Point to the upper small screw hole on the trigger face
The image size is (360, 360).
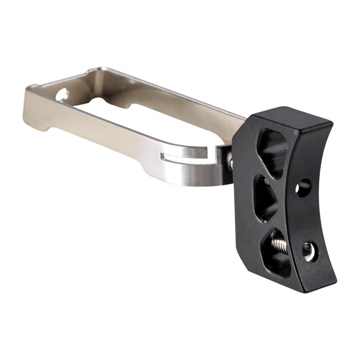coord(304,186)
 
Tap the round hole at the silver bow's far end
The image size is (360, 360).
coord(62,95)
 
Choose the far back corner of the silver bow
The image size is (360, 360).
coord(103,69)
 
